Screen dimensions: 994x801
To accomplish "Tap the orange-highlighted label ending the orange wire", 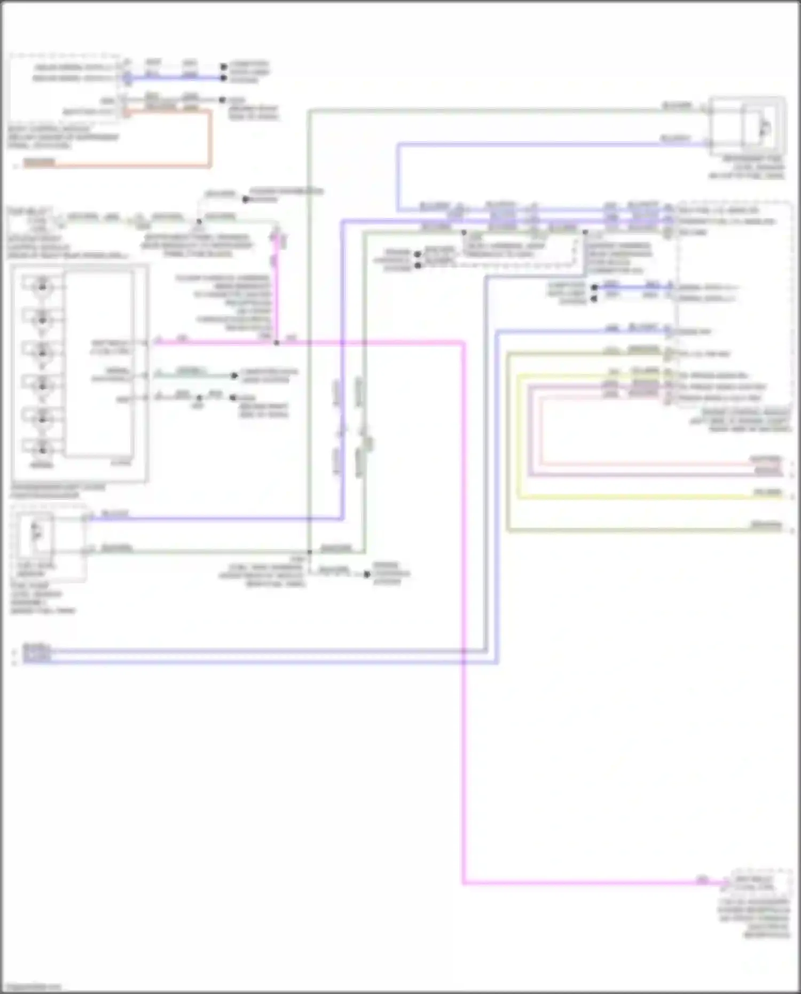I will [x=39, y=163].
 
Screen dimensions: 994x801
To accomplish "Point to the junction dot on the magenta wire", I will [x=276, y=343].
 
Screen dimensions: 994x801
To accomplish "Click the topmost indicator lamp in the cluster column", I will [x=42, y=287].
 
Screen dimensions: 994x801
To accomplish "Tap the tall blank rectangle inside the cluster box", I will [x=99, y=363].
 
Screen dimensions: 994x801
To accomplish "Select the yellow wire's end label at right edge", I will [x=768, y=492].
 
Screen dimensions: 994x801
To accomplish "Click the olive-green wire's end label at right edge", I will [x=768, y=526].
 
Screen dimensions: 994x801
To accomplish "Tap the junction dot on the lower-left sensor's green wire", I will [x=309, y=552].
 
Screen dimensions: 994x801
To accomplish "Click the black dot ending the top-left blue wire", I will [x=224, y=78].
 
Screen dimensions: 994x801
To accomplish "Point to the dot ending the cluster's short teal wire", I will [x=234, y=376].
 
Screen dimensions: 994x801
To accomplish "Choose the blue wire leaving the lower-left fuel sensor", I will [x=214, y=518].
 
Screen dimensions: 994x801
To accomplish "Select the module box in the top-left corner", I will [x=64, y=88].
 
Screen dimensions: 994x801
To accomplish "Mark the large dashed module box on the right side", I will [x=734, y=304].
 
